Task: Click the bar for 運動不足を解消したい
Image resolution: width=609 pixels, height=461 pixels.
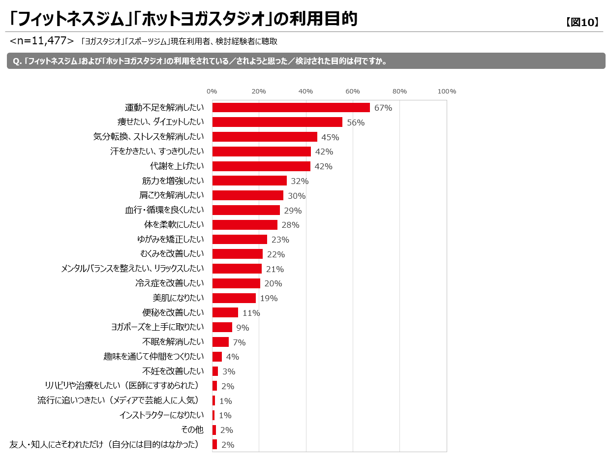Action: point(291,108)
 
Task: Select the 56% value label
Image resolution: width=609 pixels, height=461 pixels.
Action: point(356,123)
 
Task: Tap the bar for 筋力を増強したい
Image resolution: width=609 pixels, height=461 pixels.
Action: point(249,181)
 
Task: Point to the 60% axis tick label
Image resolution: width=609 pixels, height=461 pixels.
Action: point(353,92)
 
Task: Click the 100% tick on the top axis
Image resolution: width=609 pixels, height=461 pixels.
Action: point(447,92)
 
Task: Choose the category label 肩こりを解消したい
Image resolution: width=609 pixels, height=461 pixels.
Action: point(172,195)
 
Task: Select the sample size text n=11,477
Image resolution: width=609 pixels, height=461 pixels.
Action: point(42,41)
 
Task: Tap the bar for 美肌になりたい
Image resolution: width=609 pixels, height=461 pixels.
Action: point(234,298)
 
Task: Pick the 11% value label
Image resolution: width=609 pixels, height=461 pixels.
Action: point(251,313)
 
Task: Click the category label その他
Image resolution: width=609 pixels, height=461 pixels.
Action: point(192,430)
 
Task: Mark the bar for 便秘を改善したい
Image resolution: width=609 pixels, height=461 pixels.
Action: point(225,312)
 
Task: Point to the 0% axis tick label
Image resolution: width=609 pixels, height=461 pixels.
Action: point(212,92)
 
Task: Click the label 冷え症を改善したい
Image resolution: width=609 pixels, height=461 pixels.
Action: point(169,283)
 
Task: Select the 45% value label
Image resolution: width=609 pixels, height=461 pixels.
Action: point(330,137)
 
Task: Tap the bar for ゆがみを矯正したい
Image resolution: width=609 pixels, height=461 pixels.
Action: point(240,240)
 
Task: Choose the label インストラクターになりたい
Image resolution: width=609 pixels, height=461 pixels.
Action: point(161,415)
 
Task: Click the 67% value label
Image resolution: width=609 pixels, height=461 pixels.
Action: point(383,108)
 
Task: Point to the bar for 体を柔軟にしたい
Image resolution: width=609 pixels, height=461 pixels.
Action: point(244,225)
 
